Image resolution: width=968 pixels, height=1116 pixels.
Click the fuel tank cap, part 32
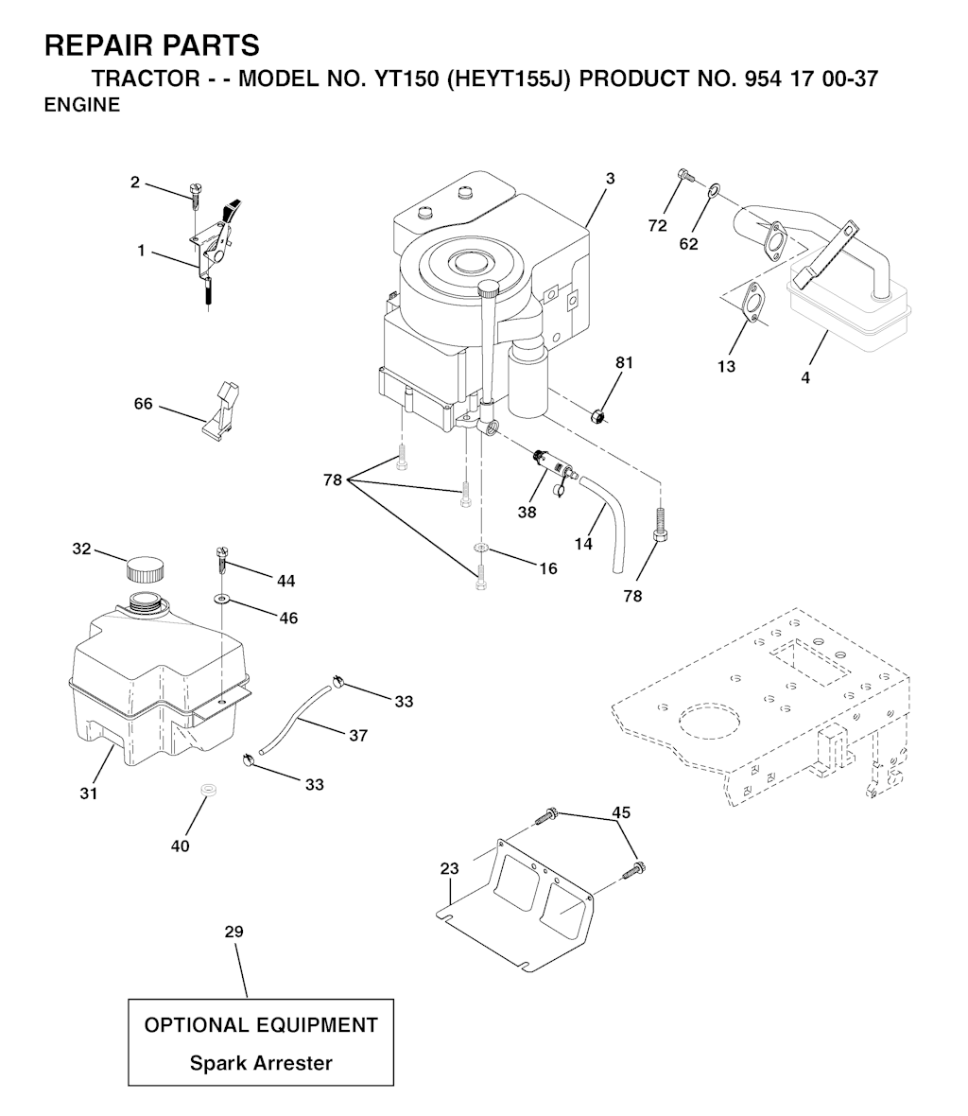click(x=145, y=570)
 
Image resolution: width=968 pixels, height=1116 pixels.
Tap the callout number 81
click(x=624, y=362)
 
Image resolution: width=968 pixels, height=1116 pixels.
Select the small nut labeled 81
click(x=599, y=415)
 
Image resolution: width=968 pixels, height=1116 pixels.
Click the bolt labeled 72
click(x=685, y=174)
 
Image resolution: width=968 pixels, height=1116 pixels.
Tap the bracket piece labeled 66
click(x=221, y=411)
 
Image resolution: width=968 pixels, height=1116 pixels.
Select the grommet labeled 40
click(x=208, y=790)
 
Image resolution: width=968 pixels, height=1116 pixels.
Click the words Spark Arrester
click(x=261, y=1063)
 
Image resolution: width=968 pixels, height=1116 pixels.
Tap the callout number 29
click(x=234, y=932)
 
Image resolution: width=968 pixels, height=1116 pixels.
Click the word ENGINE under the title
click(x=82, y=105)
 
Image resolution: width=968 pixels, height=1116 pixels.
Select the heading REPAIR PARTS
click(x=151, y=45)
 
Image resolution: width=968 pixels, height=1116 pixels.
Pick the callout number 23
click(x=450, y=868)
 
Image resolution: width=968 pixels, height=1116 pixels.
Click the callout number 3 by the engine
click(x=611, y=179)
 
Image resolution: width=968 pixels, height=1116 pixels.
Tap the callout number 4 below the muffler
click(x=805, y=378)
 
